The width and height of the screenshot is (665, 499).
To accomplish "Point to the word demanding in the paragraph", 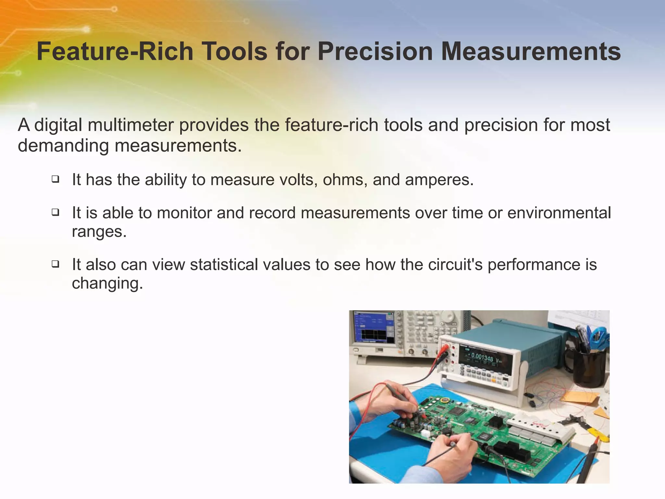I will click(63, 145).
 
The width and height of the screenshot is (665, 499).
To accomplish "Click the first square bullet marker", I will click(56, 179).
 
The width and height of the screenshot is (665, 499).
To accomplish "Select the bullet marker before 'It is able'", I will click(56, 212).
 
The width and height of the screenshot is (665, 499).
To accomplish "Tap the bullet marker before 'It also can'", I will click(56, 264).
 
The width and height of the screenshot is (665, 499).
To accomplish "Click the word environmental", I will click(559, 213).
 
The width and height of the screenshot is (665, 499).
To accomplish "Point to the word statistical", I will click(224, 264).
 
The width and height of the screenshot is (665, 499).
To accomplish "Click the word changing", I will click(107, 283).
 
